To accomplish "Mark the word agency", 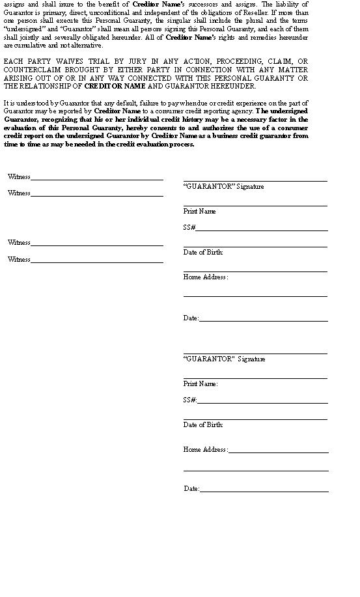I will pyautogui.click(x=242, y=111).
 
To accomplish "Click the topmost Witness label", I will pyautogui.click(x=19, y=176).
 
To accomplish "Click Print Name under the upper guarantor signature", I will pyautogui.click(x=199, y=212).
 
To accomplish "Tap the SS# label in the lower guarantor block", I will pyautogui.click(x=189, y=400).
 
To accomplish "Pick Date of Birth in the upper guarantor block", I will pyautogui.click(x=203, y=253).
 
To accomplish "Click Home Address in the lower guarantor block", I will pyautogui.click(x=205, y=450).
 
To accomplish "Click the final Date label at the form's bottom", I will pyautogui.click(x=191, y=489).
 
